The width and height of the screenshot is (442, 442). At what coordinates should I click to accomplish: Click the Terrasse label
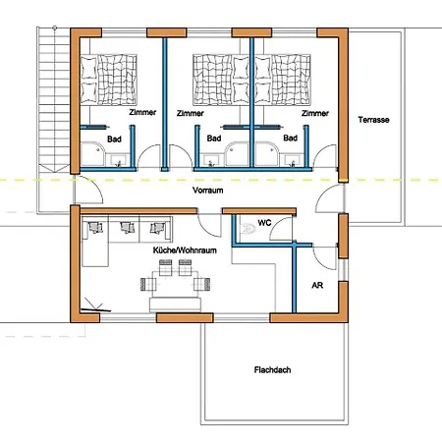tap(373, 120)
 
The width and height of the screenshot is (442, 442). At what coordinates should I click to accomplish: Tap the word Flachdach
tap(272, 370)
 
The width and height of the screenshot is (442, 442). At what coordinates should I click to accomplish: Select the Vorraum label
tap(208, 191)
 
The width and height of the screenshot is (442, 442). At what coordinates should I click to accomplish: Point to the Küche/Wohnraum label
tap(185, 250)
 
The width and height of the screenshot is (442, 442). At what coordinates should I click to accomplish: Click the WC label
tap(264, 223)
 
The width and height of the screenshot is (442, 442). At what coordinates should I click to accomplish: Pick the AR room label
tap(317, 286)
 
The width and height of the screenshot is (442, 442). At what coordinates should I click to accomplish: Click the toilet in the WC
tap(249, 228)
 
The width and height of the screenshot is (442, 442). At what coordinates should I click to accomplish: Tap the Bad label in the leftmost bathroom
tap(114, 139)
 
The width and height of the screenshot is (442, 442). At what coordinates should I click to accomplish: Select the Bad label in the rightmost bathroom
tap(291, 138)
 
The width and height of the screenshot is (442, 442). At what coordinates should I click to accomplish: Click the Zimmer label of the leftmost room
tap(142, 112)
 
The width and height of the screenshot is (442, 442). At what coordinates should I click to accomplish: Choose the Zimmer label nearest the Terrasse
tap(315, 113)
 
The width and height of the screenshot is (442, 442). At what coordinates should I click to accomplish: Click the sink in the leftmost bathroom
tap(119, 160)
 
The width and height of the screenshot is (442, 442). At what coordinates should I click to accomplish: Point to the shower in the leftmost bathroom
tap(93, 154)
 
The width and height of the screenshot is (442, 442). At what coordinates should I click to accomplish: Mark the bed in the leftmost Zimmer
tap(109, 80)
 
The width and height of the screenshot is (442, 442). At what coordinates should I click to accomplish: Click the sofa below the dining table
tap(175, 304)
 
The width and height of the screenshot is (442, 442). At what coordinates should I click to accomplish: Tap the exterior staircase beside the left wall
tap(54, 100)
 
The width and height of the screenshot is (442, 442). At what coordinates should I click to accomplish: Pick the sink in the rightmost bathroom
tap(292, 160)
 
